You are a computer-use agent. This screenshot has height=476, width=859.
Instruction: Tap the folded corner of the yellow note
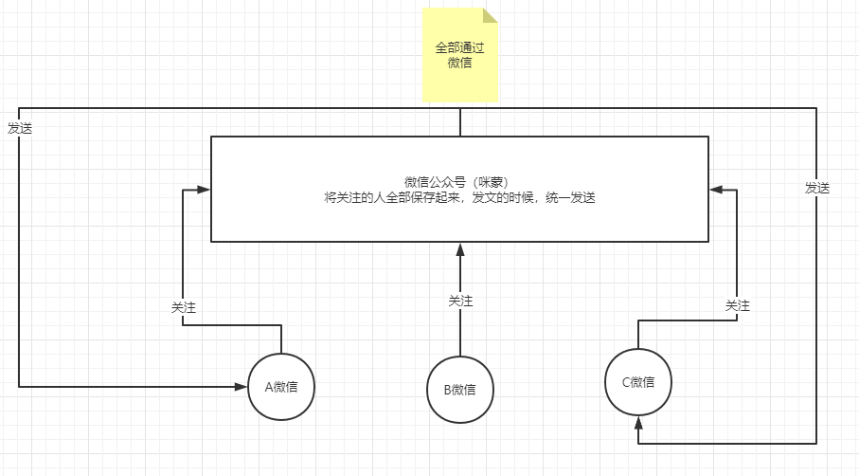coord(490,15)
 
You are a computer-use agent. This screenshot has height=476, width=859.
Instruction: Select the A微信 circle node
coord(281,386)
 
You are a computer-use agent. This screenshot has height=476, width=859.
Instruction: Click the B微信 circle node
coord(459,389)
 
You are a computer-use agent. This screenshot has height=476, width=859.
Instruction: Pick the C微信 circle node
coord(638,382)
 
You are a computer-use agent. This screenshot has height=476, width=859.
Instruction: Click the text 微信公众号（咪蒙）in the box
coord(459,181)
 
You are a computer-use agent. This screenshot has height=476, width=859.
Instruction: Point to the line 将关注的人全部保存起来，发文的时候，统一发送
coord(459,198)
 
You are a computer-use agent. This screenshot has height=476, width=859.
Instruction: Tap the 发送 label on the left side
coord(20,128)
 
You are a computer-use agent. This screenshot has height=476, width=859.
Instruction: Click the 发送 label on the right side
coord(817,188)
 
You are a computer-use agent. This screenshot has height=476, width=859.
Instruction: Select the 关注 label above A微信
coord(183,308)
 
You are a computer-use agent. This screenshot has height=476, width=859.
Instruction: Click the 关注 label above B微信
coord(460,301)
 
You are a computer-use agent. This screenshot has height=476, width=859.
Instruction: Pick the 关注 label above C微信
coord(738,305)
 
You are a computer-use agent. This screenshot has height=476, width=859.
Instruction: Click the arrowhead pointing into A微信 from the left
coord(242,386)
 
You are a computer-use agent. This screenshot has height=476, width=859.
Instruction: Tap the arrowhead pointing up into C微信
coord(638,421)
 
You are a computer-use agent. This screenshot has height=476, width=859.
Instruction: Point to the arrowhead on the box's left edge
coord(204,190)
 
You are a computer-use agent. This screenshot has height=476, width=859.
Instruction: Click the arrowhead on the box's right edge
coord(716,190)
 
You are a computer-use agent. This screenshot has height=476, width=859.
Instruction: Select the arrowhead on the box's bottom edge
coord(460,248)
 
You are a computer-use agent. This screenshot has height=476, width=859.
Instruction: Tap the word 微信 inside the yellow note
coord(459,64)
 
